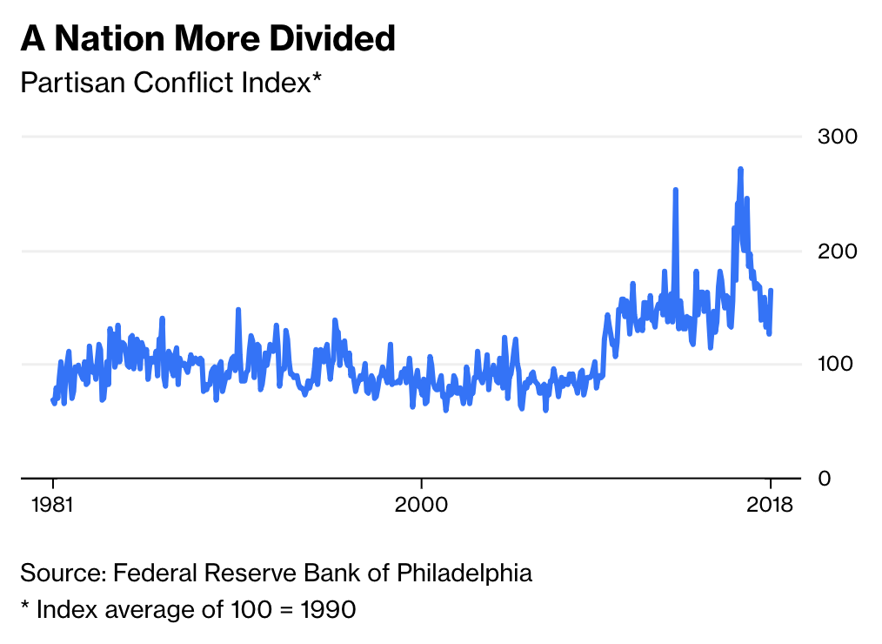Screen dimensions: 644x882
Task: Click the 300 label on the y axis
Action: tap(837, 137)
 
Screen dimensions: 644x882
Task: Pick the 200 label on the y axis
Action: tap(837, 252)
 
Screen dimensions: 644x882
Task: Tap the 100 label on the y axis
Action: tap(837, 365)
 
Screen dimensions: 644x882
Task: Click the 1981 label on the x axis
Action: tap(53, 505)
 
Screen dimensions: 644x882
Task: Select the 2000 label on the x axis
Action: tap(421, 505)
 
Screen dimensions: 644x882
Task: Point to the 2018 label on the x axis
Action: tap(770, 505)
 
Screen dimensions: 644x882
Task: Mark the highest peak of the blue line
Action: tap(740, 169)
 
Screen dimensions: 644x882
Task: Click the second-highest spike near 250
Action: tap(675, 190)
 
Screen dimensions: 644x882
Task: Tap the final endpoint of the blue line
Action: tap(772, 291)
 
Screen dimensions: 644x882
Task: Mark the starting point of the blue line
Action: tap(52, 399)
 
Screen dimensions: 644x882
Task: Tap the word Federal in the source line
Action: tap(152, 573)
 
